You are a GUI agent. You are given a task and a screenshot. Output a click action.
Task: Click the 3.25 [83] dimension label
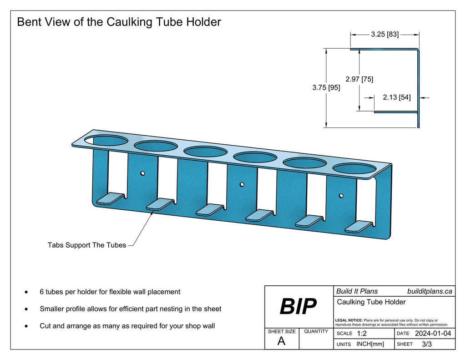point(385,34)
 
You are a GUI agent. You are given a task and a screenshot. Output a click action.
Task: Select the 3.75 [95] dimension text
point(326,88)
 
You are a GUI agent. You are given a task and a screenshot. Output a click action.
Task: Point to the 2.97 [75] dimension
point(359,79)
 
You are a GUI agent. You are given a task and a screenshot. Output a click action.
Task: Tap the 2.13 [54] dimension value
point(396,97)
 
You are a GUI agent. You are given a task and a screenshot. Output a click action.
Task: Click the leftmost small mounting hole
point(142,173)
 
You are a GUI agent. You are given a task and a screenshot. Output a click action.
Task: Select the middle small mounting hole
point(242,185)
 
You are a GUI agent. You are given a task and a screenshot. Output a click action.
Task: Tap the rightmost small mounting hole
point(341,196)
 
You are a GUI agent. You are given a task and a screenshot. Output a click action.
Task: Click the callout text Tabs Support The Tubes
point(86,245)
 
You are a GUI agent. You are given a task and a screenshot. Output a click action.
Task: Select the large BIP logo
point(298,307)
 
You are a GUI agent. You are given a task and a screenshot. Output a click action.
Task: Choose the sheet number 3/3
point(427,344)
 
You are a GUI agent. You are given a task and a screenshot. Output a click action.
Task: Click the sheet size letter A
point(281,342)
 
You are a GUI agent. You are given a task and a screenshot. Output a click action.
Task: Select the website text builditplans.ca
point(430,291)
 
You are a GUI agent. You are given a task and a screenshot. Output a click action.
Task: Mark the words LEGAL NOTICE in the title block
point(349,320)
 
